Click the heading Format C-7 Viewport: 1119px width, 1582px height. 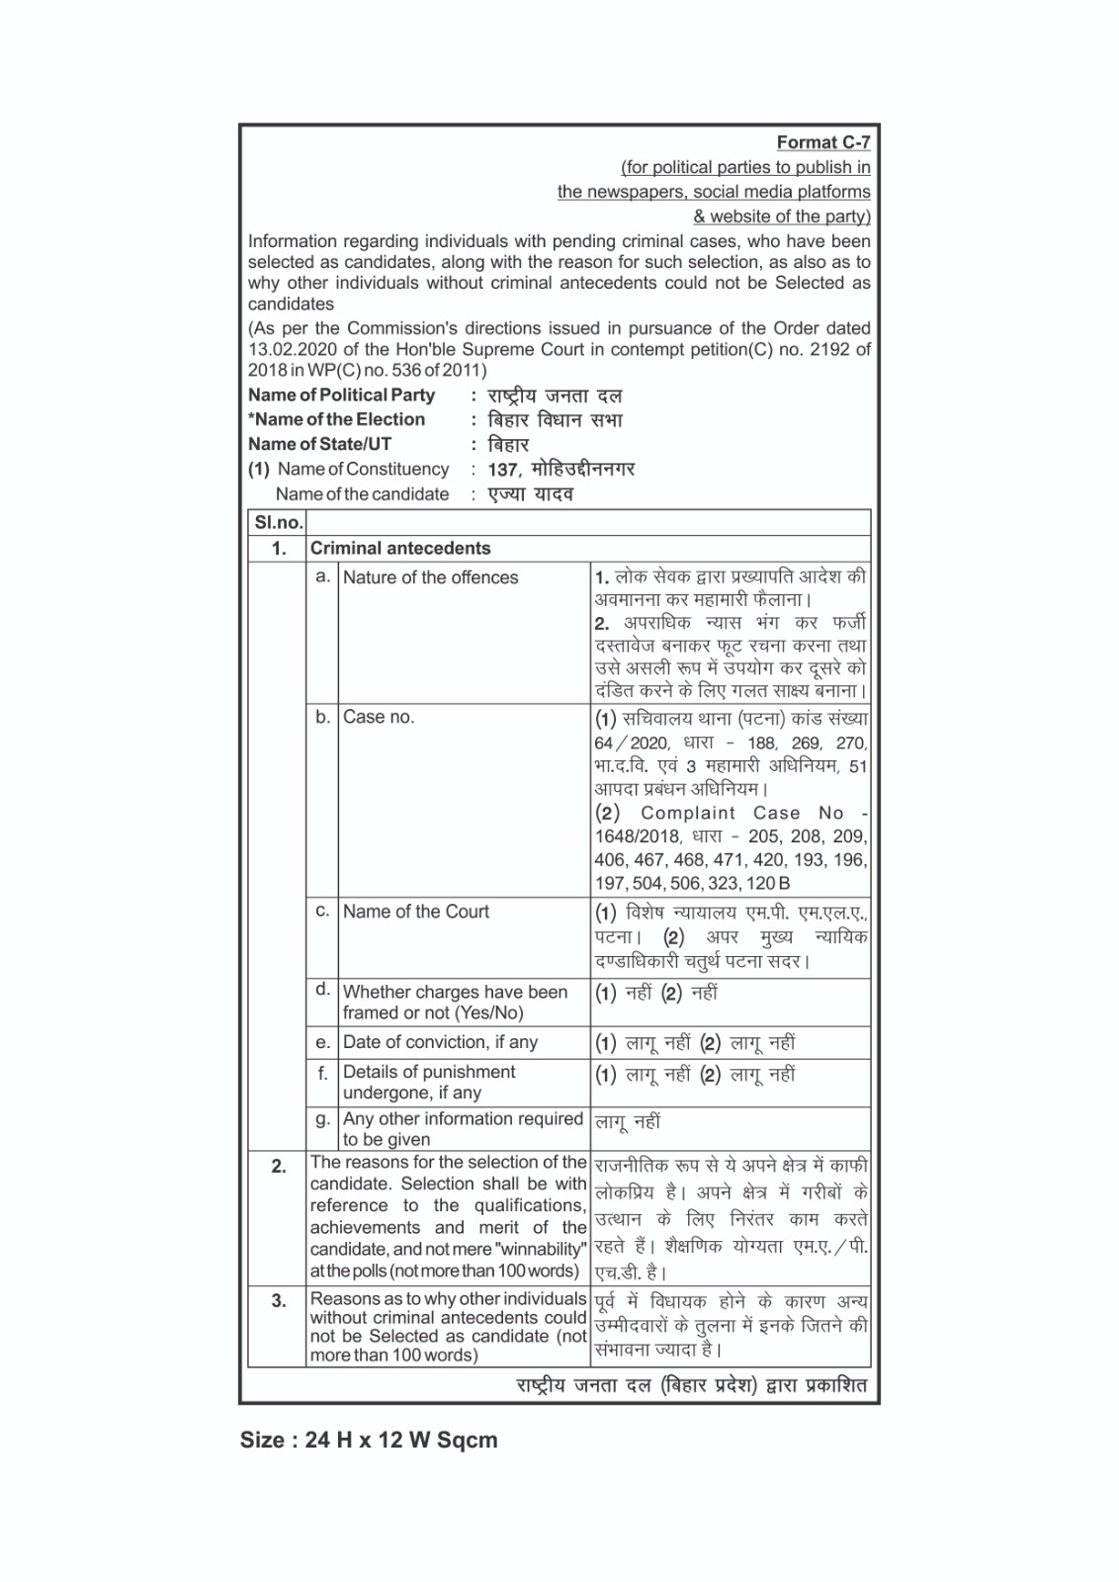tap(822, 142)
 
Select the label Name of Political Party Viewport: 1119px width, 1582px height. tap(341, 395)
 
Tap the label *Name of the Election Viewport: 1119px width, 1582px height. tap(336, 419)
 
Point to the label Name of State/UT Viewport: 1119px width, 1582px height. tap(319, 444)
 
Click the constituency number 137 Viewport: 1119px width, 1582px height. tap(503, 470)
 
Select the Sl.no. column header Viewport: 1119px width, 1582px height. tap(278, 523)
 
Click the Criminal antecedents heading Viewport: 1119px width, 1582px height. tap(400, 549)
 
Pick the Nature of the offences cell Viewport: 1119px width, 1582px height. tap(430, 577)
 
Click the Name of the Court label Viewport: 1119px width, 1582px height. tap(415, 912)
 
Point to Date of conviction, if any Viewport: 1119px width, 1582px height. tap(440, 1042)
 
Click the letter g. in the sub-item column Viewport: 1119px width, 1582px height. tap(322, 1119)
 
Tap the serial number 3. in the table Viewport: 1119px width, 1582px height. tap(279, 1301)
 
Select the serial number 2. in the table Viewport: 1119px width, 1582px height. tap(279, 1167)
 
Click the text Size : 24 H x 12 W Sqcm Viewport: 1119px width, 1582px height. tap(369, 1440)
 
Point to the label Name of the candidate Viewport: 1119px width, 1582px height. tap(362, 494)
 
